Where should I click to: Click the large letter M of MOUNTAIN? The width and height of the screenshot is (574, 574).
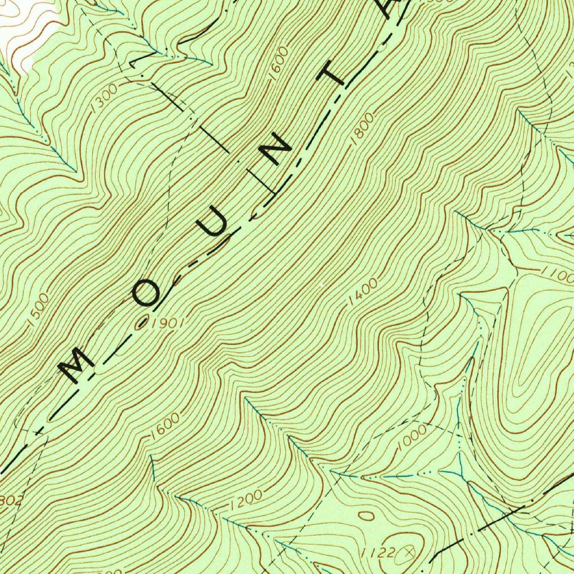[x=77, y=365]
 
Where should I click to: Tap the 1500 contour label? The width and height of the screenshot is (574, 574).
[x=38, y=309]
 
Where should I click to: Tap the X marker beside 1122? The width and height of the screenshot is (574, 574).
[x=415, y=552]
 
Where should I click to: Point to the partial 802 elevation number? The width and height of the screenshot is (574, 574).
[x=10, y=500]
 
